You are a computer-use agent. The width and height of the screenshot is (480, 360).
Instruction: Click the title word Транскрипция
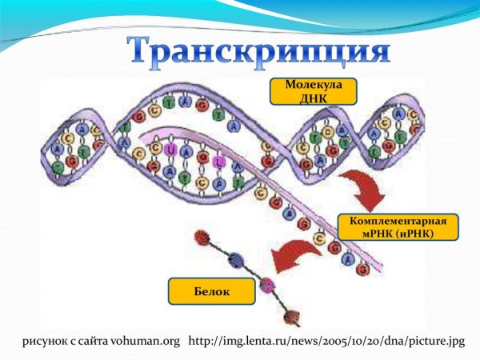[259, 51]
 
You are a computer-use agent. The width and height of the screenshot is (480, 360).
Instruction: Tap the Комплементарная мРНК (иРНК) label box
[398, 227]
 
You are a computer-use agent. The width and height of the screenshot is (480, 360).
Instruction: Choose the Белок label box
[211, 292]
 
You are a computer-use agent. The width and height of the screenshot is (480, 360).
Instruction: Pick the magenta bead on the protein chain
[266, 285]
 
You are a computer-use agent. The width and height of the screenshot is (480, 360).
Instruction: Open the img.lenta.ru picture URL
[326, 342]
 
